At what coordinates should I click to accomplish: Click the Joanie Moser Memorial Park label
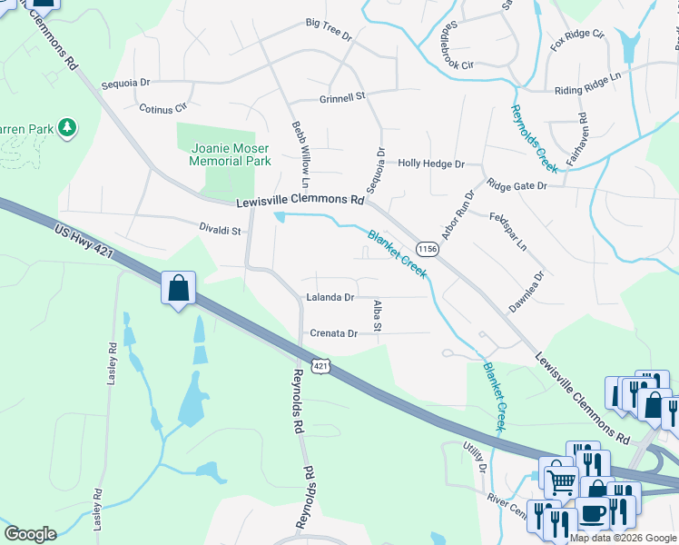tap(230, 154)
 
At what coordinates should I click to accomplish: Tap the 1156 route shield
tap(428, 249)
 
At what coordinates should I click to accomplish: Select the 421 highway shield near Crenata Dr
tap(319, 365)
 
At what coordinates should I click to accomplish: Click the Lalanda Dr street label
tap(330, 297)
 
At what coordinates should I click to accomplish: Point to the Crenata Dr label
tap(334, 333)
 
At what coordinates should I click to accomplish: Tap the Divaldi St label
tap(221, 231)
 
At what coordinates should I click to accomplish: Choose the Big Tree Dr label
tap(328, 28)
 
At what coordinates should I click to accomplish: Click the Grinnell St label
tap(341, 95)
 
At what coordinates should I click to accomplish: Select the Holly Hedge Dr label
tap(431, 164)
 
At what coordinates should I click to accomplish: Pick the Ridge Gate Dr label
tap(517, 185)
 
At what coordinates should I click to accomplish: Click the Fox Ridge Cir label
tap(577, 40)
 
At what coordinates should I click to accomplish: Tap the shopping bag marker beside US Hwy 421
tap(179, 289)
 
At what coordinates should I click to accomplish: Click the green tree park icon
tap(66, 128)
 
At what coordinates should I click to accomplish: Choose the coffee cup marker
tap(594, 513)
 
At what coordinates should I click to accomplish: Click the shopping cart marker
tap(559, 479)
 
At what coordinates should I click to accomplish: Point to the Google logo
tap(30, 534)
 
